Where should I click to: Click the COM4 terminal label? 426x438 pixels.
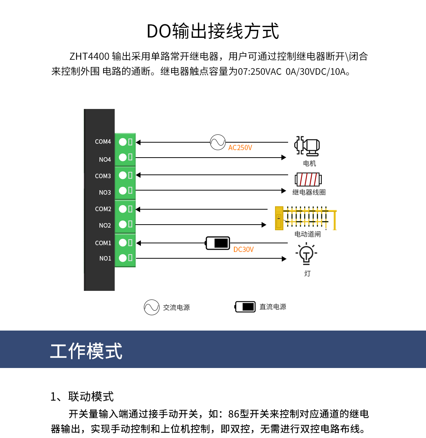(103, 142)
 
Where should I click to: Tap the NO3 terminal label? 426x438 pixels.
(105, 192)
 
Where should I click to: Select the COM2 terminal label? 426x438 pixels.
(103, 209)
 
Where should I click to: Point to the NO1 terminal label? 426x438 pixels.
(105, 258)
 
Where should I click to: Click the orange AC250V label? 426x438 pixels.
(240, 148)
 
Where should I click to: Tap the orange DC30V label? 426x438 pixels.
(243, 250)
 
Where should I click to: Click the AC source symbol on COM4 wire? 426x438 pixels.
(217, 142)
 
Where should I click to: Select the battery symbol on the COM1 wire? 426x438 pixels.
(218, 243)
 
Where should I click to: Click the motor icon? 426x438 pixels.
(307, 146)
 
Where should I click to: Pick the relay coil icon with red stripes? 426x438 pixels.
(308, 180)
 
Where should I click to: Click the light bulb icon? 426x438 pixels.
(306, 254)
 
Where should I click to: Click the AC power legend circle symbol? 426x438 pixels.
(152, 307)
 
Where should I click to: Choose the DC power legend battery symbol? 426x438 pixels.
(245, 307)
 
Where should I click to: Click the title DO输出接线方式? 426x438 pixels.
(213, 31)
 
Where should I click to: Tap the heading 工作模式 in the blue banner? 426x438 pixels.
(86, 351)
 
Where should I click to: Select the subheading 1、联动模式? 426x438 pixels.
(82, 396)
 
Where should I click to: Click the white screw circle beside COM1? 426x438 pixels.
(123, 243)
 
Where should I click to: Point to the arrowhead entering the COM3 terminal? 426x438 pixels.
(138, 175)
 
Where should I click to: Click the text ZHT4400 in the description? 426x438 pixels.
(89, 57)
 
